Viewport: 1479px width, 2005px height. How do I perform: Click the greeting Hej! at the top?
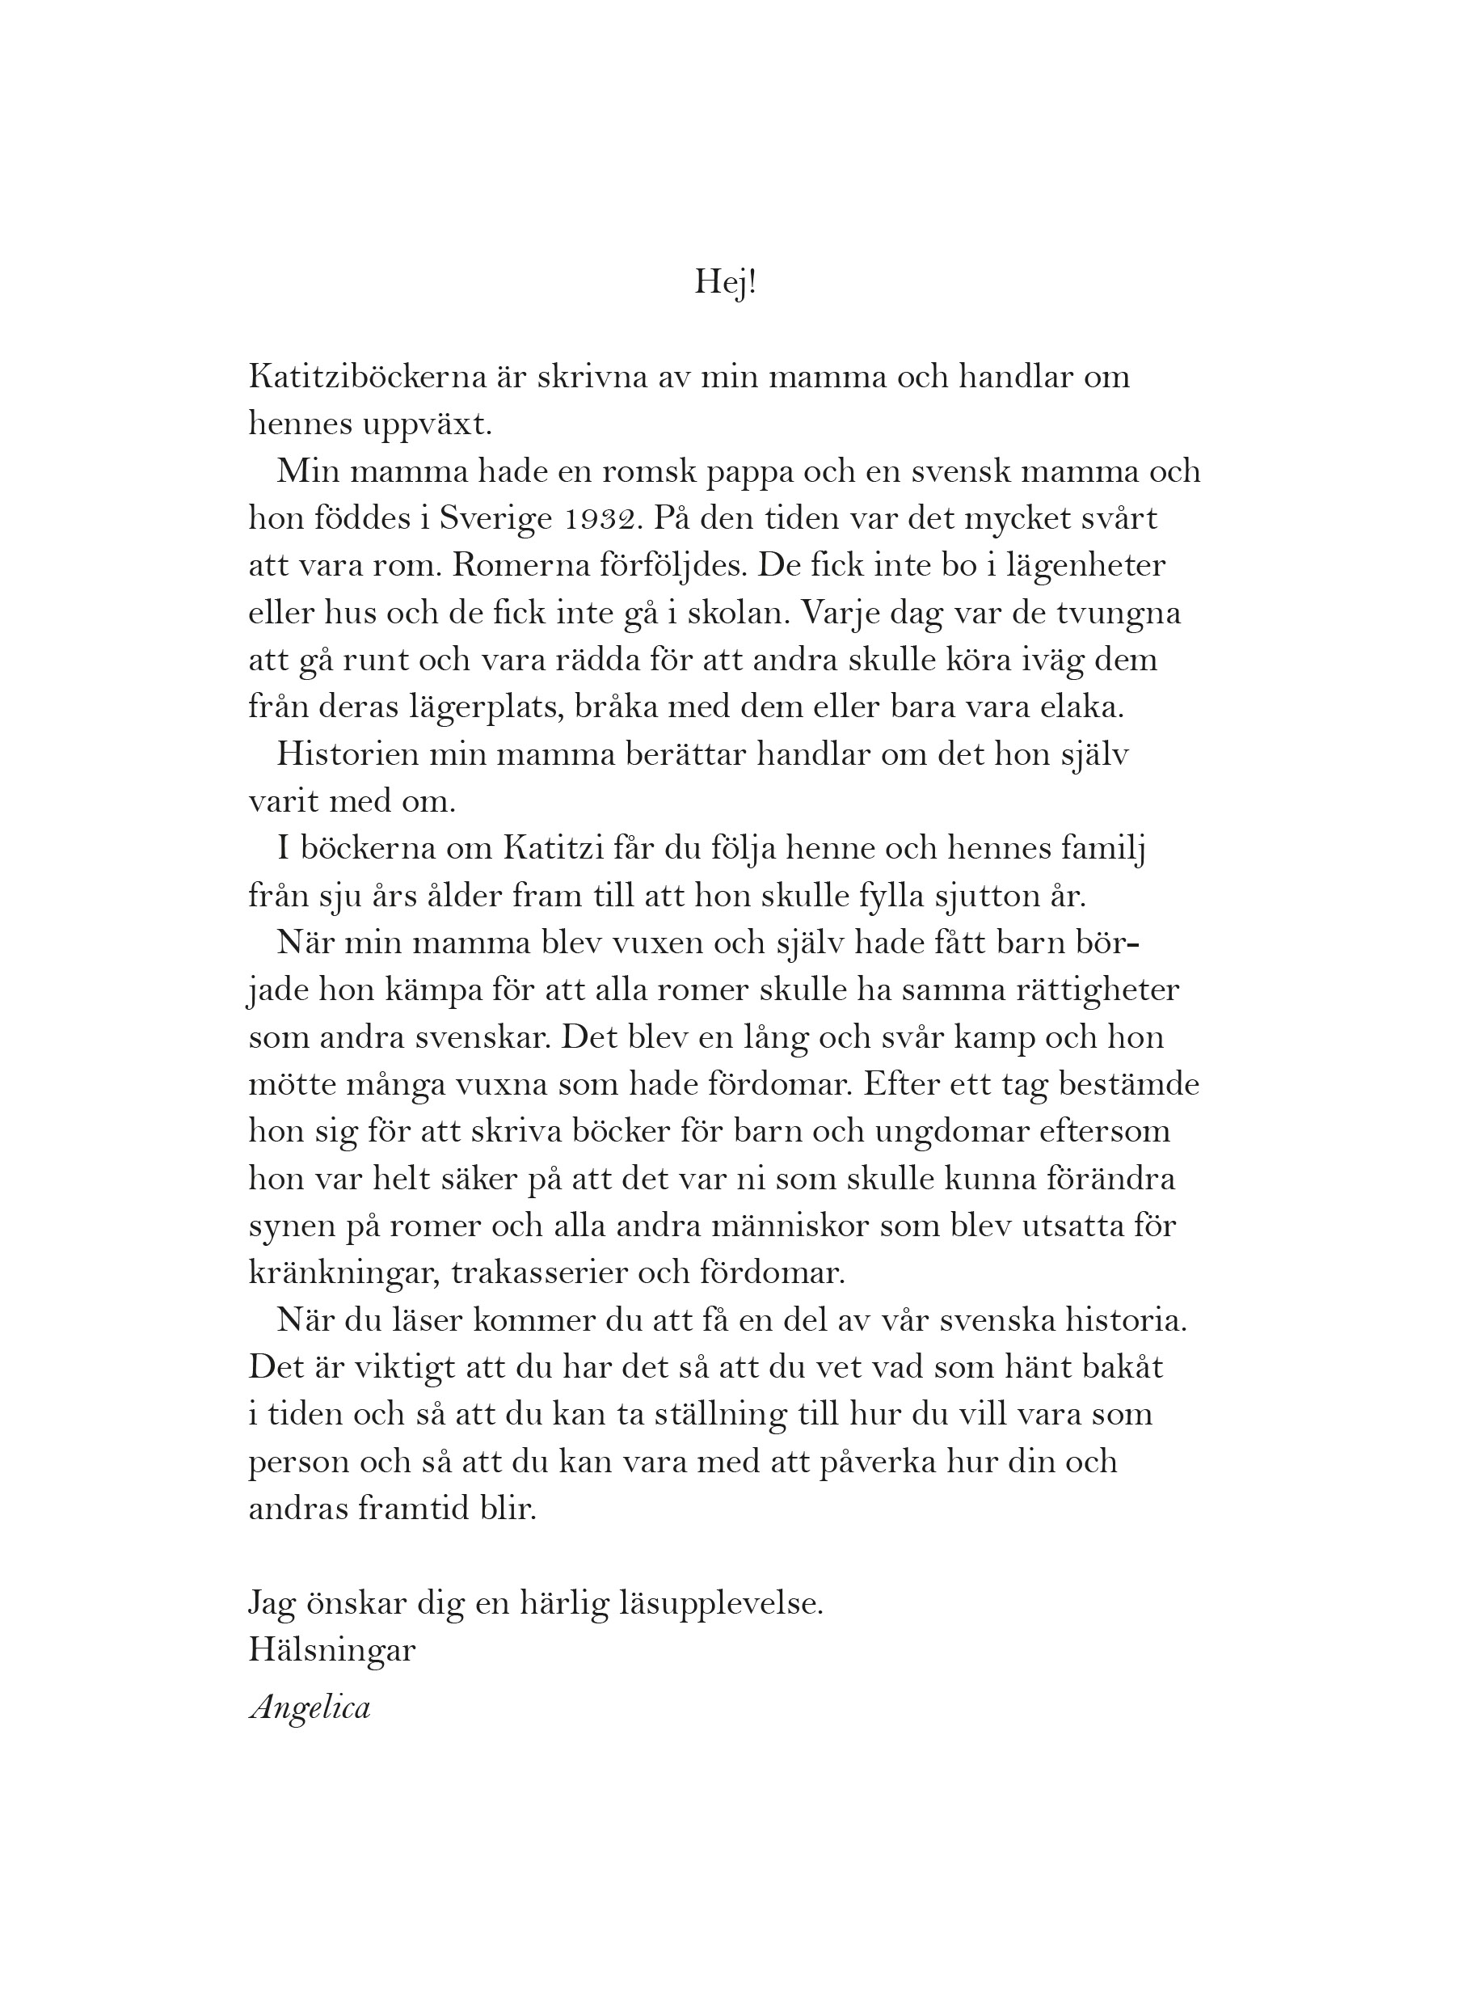click(725, 284)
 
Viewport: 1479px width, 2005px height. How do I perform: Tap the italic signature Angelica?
click(310, 1708)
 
